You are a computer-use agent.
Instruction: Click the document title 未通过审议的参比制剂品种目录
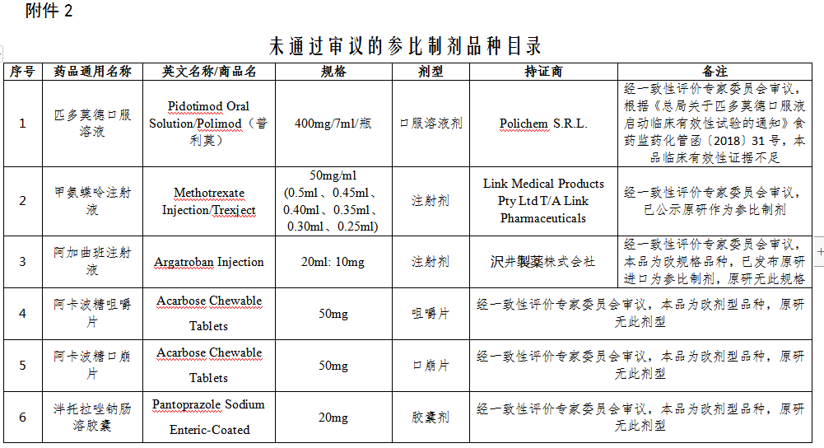405,44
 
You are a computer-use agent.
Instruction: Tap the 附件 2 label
49,11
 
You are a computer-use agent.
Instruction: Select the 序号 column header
23,72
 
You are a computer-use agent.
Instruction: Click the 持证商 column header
543,72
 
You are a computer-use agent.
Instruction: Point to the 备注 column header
715,72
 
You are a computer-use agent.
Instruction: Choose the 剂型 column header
431,72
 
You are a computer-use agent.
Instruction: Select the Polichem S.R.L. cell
543,124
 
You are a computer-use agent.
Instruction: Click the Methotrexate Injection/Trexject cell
209,202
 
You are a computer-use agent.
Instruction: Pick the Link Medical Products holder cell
543,201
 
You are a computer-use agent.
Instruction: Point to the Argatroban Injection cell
209,262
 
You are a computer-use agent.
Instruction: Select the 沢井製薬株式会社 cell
543,262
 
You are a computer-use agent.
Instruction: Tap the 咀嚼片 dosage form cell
431,314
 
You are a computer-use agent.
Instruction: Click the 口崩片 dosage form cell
431,365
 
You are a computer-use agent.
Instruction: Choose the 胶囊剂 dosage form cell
431,418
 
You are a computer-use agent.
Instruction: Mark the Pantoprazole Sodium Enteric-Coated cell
209,417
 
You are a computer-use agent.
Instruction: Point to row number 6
23,418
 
